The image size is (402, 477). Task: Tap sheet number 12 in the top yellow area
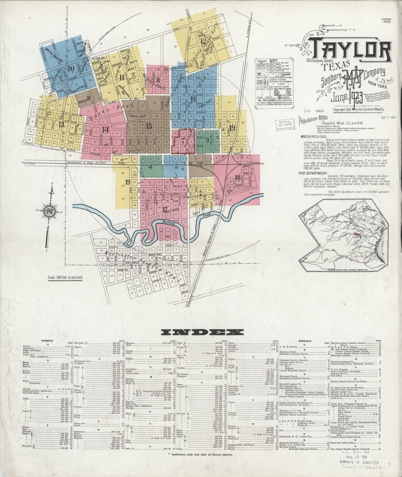203,41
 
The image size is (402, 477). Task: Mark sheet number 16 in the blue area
193,99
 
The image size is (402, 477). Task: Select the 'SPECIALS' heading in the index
309,341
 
